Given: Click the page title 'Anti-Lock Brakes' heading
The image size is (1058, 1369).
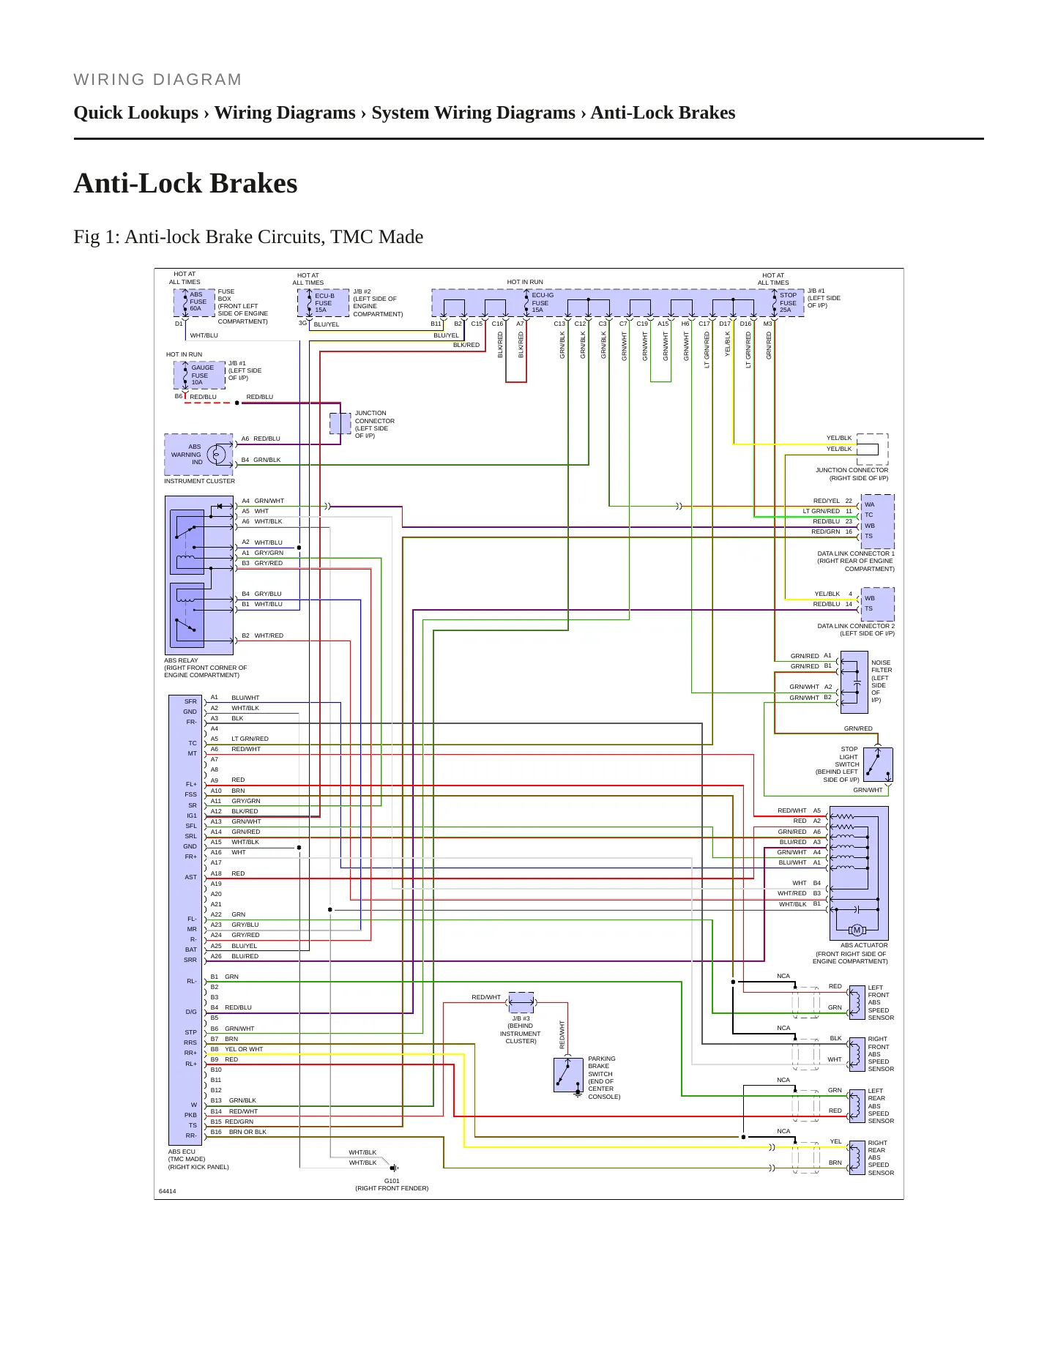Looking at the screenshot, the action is click(x=185, y=183).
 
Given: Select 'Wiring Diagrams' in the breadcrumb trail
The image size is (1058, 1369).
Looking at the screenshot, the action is click(x=285, y=113).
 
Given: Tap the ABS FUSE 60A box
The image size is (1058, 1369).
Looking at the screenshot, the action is click(x=194, y=302).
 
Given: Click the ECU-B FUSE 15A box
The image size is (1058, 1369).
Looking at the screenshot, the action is click(x=323, y=303).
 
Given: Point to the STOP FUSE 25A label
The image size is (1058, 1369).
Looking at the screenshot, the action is click(x=788, y=302).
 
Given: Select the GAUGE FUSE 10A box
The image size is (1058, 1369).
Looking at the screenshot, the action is click(x=199, y=375).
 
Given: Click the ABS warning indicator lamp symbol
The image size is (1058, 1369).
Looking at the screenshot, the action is click(x=216, y=455).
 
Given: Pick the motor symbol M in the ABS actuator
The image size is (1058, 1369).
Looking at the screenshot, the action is click(x=857, y=930).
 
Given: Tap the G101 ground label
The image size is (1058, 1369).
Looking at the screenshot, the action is click(x=392, y=1181).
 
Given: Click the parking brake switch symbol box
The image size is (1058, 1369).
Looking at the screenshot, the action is click(x=568, y=1075).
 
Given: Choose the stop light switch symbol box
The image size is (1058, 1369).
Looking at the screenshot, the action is click(x=878, y=764).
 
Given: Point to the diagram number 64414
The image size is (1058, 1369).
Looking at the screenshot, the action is click(x=168, y=1191).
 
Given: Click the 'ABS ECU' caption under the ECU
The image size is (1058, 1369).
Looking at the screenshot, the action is click(x=182, y=1152).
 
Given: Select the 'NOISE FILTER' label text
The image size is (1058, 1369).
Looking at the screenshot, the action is click(x=882, y=666).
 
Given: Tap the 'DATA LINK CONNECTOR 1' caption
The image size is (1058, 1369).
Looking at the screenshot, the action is click(x=856, y=553).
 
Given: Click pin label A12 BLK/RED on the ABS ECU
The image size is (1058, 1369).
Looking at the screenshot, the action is click(x=234, y=811).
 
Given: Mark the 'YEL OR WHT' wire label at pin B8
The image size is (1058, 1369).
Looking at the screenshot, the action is click(x=244, y=1049).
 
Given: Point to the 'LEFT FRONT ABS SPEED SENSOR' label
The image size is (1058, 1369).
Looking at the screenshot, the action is click(x=881, y=1002).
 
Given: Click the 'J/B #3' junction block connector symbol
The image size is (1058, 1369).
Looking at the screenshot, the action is click(x=521, y=1001).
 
